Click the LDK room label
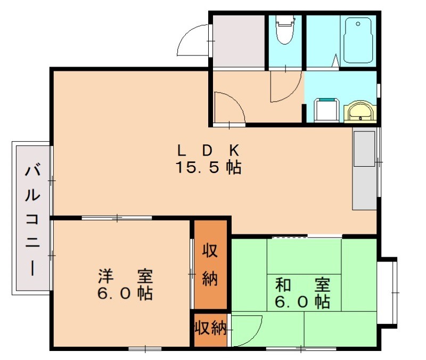[208, 149]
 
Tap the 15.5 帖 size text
[208, 168]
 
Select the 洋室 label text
[125, 276]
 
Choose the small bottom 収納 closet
[210, 328]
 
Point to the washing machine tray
[326, 110]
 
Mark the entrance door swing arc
[194, 40]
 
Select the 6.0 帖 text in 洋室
[125, 293]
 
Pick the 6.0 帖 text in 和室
[302, 302]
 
